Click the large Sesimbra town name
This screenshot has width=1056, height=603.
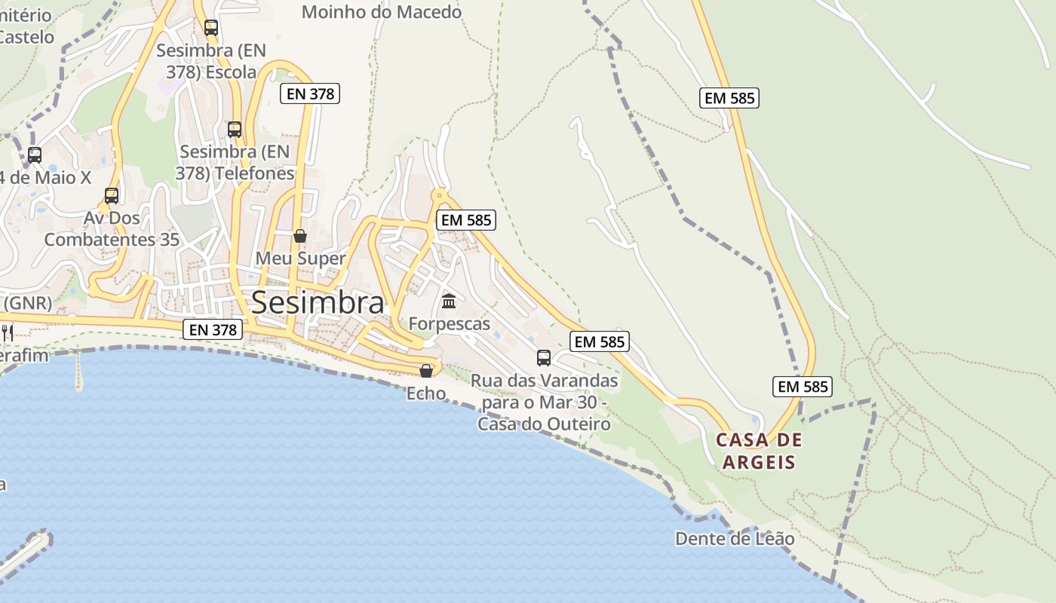318,302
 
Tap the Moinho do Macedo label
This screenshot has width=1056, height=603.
382,12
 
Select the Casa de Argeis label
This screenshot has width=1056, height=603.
759,451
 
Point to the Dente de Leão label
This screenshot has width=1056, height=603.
735,539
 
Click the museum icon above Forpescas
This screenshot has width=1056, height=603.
450,301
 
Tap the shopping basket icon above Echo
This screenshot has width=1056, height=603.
426,371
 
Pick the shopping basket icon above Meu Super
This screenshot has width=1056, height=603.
300,236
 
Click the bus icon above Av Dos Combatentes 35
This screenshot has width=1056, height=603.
112,196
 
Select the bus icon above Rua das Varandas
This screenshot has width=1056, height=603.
544,358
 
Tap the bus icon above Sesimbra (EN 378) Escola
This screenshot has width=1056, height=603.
211,28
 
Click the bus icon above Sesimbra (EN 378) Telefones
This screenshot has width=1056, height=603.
235,130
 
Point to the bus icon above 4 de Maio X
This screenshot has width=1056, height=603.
35,155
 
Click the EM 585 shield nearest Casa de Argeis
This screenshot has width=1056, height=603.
803,387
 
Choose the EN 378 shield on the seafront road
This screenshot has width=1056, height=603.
213,329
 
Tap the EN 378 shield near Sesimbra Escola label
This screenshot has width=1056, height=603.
309,93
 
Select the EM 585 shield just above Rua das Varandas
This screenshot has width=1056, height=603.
600,341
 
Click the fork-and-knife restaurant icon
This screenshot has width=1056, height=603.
8,332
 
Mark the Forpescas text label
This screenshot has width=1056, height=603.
450,324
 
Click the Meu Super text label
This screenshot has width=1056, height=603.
300,258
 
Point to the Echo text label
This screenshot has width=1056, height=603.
426,393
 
